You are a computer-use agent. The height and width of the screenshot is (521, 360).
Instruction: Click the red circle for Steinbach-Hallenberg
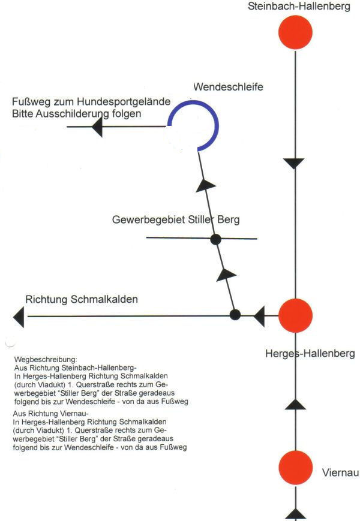click(x=295, y=32)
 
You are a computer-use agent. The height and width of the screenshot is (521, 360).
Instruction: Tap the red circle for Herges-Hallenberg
click(x=295, y=315)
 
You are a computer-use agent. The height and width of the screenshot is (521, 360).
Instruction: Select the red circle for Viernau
click(x=296, y=468)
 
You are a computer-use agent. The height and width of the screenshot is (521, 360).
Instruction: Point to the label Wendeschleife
click(x=228, y=87)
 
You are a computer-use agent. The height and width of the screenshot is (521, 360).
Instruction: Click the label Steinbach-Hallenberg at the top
click(x=299, y=7)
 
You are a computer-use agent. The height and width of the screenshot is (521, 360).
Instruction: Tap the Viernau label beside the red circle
click(x=340, y=472)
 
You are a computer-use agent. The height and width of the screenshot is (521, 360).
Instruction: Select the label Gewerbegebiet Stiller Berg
click(x=176, y=219)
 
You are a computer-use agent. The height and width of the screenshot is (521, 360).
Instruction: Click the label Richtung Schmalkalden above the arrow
click(x=82, y=299)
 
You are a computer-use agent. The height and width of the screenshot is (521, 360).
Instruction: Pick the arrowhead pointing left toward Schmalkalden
click(x=19, y=317)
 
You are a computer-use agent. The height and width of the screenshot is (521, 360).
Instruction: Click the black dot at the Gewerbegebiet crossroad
click(x=216, y=239)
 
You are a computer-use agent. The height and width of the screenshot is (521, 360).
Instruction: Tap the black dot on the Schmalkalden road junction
click(x=235, y=314)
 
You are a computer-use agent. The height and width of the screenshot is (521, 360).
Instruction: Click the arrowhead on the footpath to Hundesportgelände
click(x=97, y=127)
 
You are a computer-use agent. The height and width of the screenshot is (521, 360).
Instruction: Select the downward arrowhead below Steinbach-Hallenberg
click(x=294, y=164)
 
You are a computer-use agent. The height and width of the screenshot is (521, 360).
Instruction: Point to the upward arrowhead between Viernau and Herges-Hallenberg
click(x=296, y=404)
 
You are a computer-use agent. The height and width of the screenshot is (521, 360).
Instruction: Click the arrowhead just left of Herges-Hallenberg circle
click(x=259, y=317)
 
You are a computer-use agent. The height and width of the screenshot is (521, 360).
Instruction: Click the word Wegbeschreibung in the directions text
click(x=46, y=360)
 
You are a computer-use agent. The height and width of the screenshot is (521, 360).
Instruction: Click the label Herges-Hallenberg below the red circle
click(x=310, y=353)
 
